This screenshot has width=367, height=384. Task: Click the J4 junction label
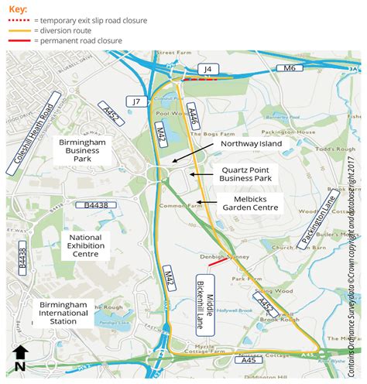click(x=208, y=70)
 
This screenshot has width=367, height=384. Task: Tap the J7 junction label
click(x=137, y=101)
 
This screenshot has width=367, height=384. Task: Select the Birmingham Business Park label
click(x=86, y=151)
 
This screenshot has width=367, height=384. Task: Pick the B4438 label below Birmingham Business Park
click(x=91, y=205)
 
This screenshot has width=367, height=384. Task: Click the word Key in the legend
click(x=19, y=7)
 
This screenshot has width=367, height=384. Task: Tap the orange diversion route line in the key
click(x=19, y=30)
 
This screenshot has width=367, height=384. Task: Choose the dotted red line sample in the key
click(x=19, y=19)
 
